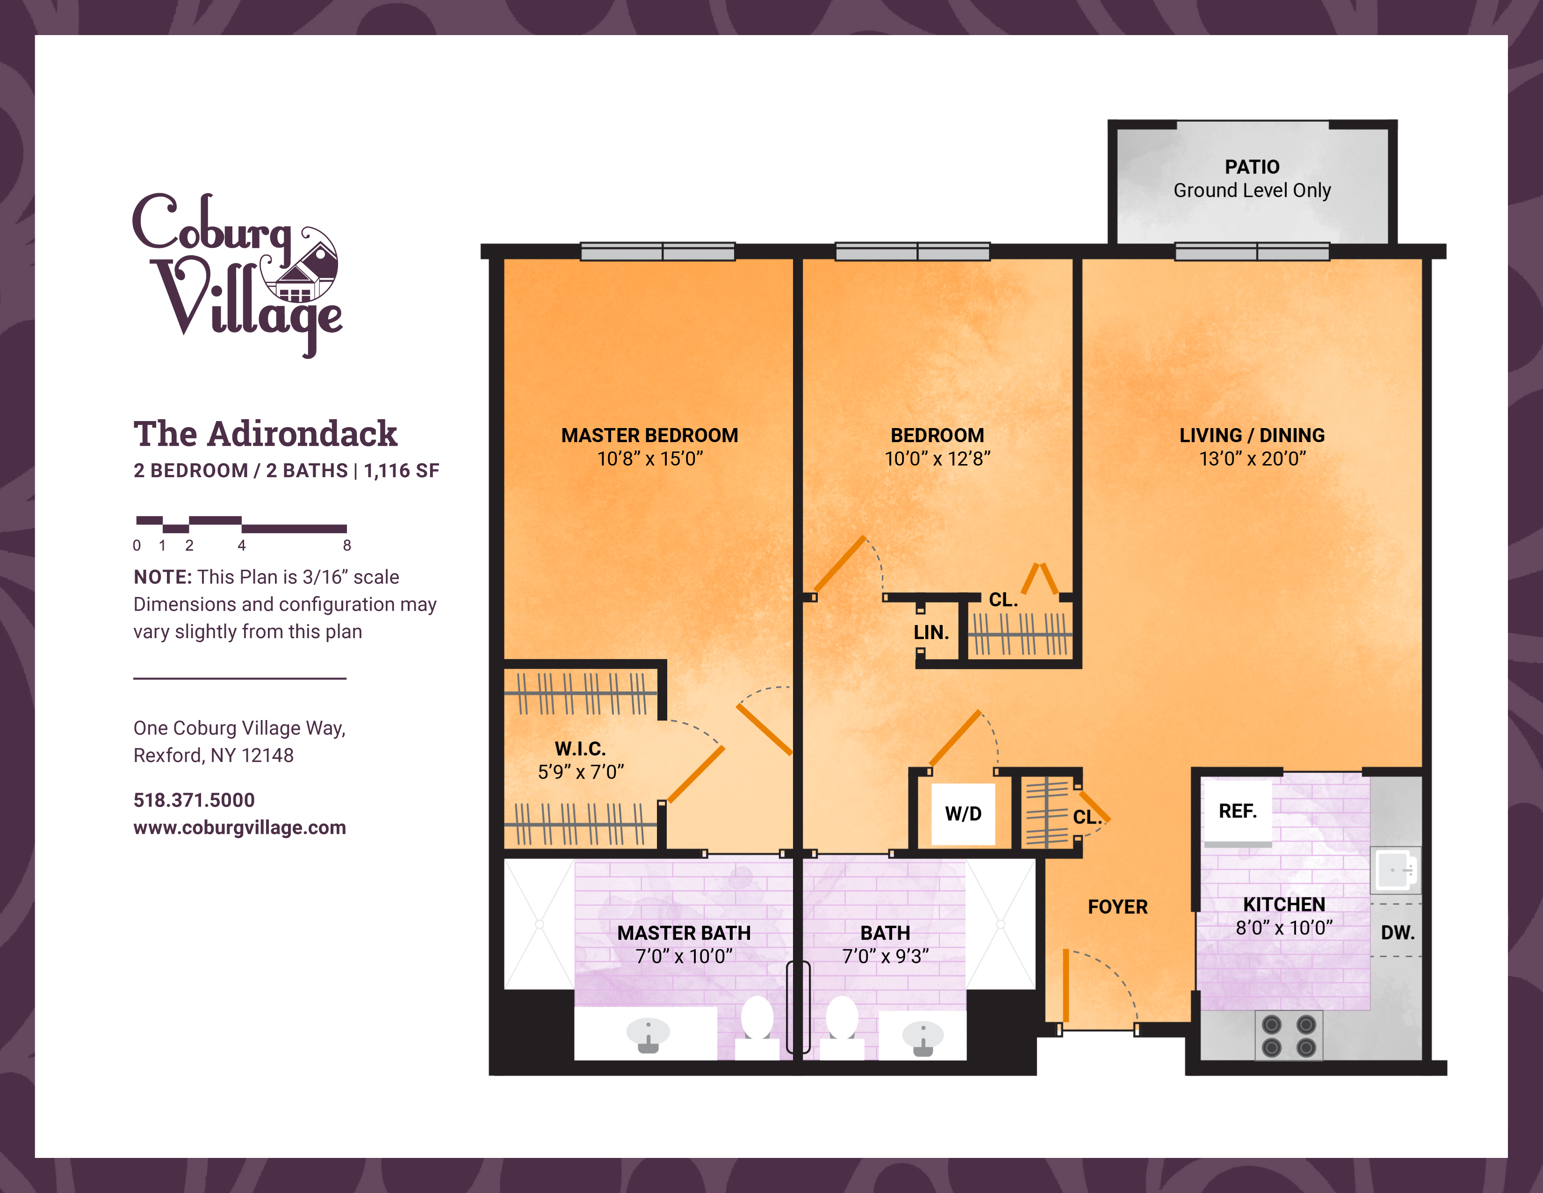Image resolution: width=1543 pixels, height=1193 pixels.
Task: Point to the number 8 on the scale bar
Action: (x=347, y=546)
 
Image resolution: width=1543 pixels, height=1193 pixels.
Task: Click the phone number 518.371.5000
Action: (x=195, y=800)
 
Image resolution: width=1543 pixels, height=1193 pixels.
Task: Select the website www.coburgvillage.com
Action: (x=239, y=828)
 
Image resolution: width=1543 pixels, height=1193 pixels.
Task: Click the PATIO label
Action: (x=1252, y=167)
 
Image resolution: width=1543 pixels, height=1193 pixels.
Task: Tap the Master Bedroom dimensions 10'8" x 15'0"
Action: (x=650, y=458)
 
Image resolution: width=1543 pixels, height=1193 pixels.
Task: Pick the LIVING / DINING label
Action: (x=1252, y=436)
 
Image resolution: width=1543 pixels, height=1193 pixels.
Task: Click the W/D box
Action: (x=963, y=814)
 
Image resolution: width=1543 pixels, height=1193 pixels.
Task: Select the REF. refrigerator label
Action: (x=1238, y=811)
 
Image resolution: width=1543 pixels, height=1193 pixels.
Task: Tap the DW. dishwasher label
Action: (x=1398, y=933)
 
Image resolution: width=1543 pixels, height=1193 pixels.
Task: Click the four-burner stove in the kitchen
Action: (x=1289, y=1035)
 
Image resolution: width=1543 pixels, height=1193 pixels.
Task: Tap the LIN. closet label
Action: (x=931, y=633)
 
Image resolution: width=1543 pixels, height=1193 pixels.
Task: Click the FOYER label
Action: (x=1118, y=907)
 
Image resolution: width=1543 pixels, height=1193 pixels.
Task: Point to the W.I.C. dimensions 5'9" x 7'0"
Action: (x=581, y=772)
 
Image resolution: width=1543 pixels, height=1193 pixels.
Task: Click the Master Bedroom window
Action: (x=658, y=252)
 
